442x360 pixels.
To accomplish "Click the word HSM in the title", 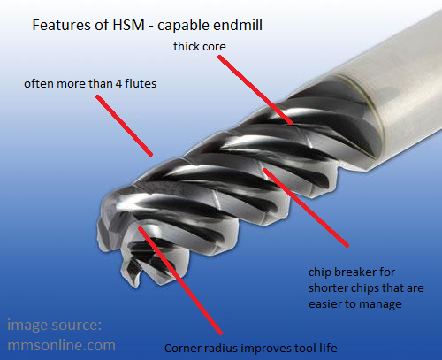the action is (x=128, y=25).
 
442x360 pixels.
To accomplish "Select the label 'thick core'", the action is (x=200, y=47).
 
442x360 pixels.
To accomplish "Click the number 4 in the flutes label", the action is (x=118, y=84).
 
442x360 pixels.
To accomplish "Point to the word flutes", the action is (x=141, y=83).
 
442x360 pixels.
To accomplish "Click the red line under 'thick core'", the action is (x=255, y=89).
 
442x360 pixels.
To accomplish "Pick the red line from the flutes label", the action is (x=124, y=125).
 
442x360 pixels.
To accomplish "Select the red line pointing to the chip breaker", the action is (x=306, y=207).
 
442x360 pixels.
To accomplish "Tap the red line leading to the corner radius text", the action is (x=180, y=280).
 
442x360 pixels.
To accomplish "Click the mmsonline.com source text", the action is (x=61, y=345).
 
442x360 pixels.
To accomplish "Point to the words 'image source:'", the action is (x=54, y=326).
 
